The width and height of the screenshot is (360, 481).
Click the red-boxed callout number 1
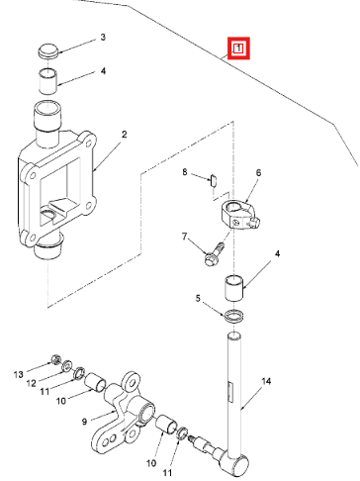238,48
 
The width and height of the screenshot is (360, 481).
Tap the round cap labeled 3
48,51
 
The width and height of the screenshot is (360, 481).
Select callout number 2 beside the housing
124,135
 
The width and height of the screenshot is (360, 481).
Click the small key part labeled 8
213,180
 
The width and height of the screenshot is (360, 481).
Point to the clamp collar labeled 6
238,215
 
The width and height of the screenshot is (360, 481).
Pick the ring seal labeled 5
234,316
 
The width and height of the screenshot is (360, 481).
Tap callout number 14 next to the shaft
266,381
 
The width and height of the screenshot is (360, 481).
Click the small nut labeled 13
55,359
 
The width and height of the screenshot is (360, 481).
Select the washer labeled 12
67,365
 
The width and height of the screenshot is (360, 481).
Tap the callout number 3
103,37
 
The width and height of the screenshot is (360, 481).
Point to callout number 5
198,299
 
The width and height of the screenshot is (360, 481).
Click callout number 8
185,172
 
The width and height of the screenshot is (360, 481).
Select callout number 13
19,374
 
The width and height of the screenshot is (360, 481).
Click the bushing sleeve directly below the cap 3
48,81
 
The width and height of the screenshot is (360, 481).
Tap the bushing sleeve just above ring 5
234,287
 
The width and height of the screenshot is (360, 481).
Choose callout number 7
184,237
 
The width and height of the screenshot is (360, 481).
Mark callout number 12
31,383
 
